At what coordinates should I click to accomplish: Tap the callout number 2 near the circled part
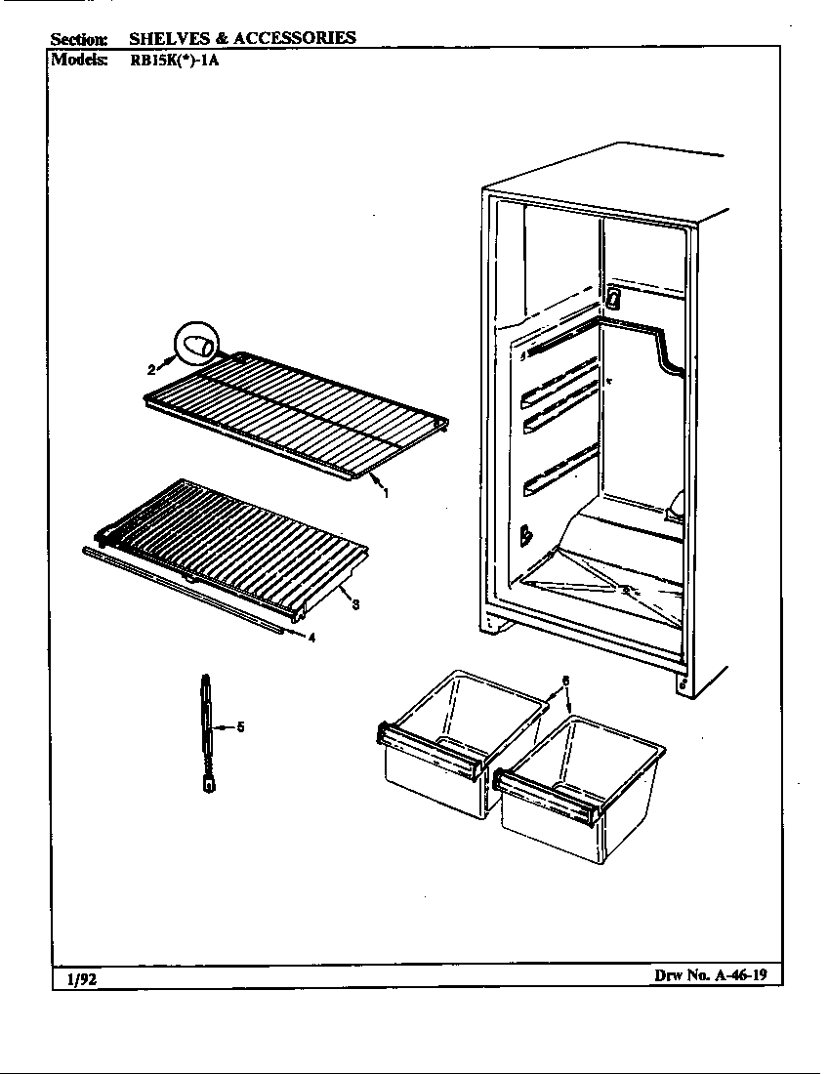[x=151, y=369]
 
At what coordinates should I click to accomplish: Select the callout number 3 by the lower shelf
[x=356, y=604]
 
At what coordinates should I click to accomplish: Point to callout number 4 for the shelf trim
[x=311, y=639]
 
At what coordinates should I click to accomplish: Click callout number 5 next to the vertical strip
[x=240, y=726]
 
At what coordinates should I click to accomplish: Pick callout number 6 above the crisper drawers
[x=565, y=680]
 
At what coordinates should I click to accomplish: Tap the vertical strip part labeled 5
[x=208, y=732]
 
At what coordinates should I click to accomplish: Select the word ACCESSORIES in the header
[x=295, y=38]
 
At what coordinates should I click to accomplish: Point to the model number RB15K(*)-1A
[x=177, y=58]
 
